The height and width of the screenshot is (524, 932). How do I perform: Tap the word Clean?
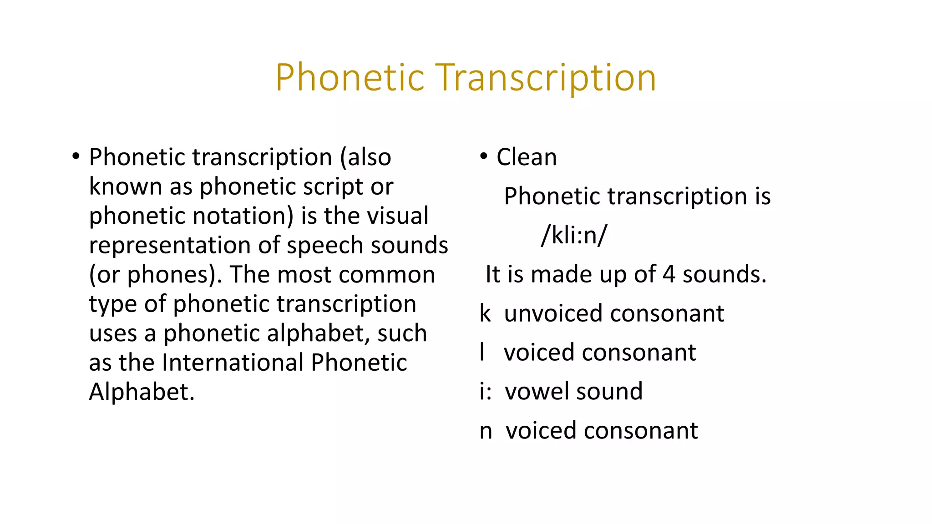(527, 157)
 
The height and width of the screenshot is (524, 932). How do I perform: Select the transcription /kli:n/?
(574, 235)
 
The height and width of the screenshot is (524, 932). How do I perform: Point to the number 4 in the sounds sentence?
(669, 274)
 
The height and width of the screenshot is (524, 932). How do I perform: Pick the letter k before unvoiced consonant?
(485, 313)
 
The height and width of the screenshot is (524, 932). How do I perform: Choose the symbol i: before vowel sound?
(486, 391)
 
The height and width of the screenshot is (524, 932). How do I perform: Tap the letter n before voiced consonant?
(486, 431)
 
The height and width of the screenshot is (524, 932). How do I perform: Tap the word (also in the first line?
(365, 157)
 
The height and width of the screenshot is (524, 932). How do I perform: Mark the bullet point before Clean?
(484, 156)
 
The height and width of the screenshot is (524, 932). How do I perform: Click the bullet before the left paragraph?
(76, 156)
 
